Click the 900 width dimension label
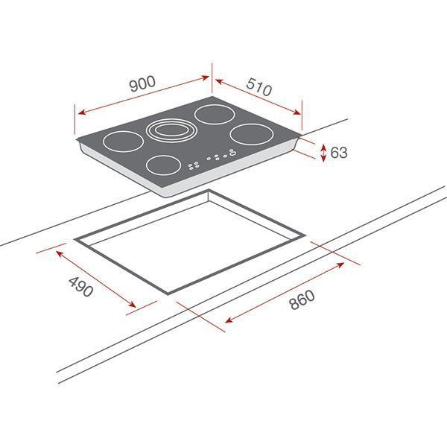click(x=142, y=84)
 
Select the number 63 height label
click(x=339, y=153)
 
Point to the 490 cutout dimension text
click(x=81, y=287)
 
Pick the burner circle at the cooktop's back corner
click(x=212, y=115)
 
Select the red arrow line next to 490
click(x=96, y=279)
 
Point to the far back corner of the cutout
click(x=209, y=191)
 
